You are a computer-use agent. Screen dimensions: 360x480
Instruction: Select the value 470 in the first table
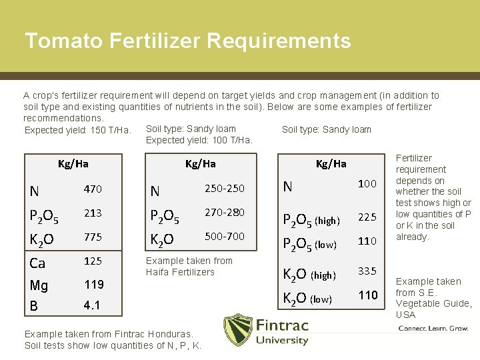(x=93, y=189)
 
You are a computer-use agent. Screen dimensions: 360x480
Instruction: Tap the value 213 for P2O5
(x=93, y=213)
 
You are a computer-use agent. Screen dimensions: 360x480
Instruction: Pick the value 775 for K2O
(x=93, y=237)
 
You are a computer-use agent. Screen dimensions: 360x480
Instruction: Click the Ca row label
(x=37, y=263)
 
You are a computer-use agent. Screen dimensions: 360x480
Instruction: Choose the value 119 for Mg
(x=93, y=285)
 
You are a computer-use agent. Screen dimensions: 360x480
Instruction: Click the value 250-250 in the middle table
(x=224, y=189)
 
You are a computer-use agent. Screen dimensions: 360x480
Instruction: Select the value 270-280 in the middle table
(x=224, y=213)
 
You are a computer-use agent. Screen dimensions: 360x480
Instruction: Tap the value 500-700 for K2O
(x=224, y=237)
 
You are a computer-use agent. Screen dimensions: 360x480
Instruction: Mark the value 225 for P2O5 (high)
(x=367, y=217)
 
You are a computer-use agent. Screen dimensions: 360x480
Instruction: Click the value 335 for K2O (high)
(x=367, y=271)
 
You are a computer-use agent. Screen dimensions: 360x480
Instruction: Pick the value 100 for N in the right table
(x=367, y=183)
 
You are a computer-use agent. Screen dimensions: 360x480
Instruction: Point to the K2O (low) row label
(x=307, y=298)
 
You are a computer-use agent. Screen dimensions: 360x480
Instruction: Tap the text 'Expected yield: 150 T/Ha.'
(x=77, y=130)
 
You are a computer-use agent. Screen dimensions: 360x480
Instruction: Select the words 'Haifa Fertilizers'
(x=180, y=272)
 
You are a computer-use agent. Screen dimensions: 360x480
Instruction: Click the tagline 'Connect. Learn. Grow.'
(x=433, y=329)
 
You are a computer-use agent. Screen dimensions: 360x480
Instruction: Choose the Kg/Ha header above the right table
(x=331, y=163)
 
